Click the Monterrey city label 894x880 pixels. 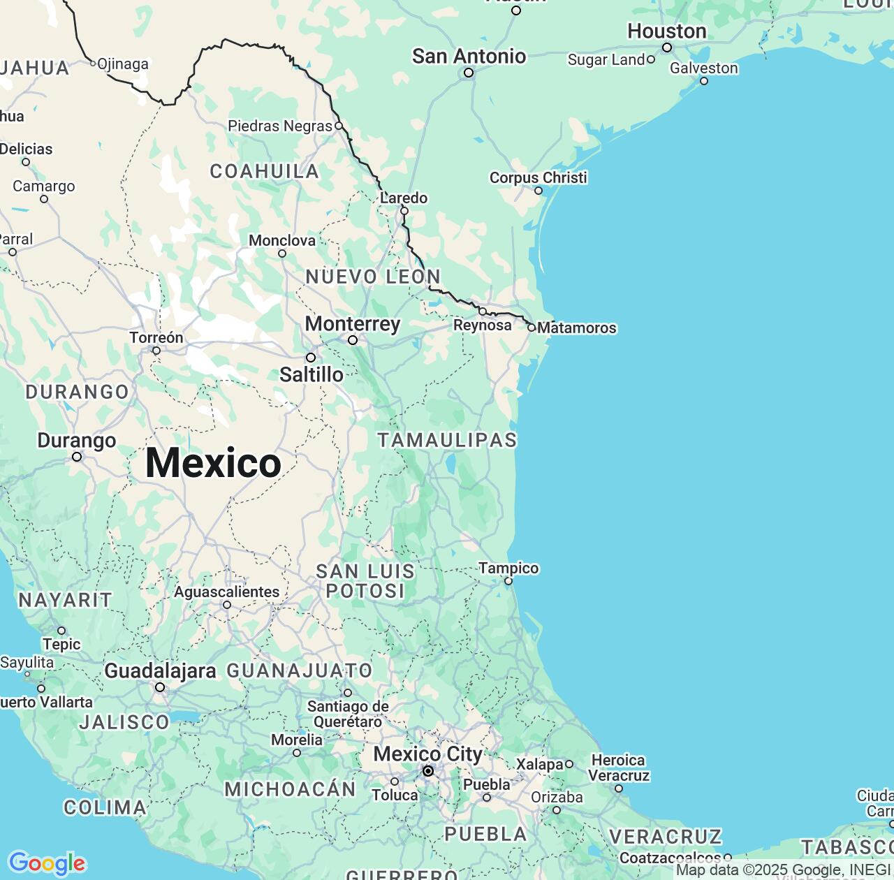tap(353, 324)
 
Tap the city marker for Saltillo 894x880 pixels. tap(311, 358)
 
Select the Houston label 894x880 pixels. tap(666, 31)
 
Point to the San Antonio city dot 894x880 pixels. tap(469, 73)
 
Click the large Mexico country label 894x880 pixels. tap(213, 463)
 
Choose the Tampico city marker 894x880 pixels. tap(508, 581)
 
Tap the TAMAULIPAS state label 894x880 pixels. tap(447, 440)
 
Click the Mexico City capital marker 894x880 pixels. tap(428, 771)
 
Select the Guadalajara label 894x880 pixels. tap(160, 671)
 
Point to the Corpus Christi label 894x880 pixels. tap(538, 177)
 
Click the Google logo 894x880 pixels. tap(47, 863)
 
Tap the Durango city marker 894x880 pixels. tap(77, 457)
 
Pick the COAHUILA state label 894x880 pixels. tap(264, 171)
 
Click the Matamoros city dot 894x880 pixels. tap(532, 328)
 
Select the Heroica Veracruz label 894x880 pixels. tap(618, 768)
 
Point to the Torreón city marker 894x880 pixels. tap(156, 351)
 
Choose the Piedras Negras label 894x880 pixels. tap(280, 126)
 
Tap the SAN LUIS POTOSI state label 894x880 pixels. tap(365, 581)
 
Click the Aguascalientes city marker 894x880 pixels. tap(227, 605)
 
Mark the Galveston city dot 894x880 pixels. tap(704, 81)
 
